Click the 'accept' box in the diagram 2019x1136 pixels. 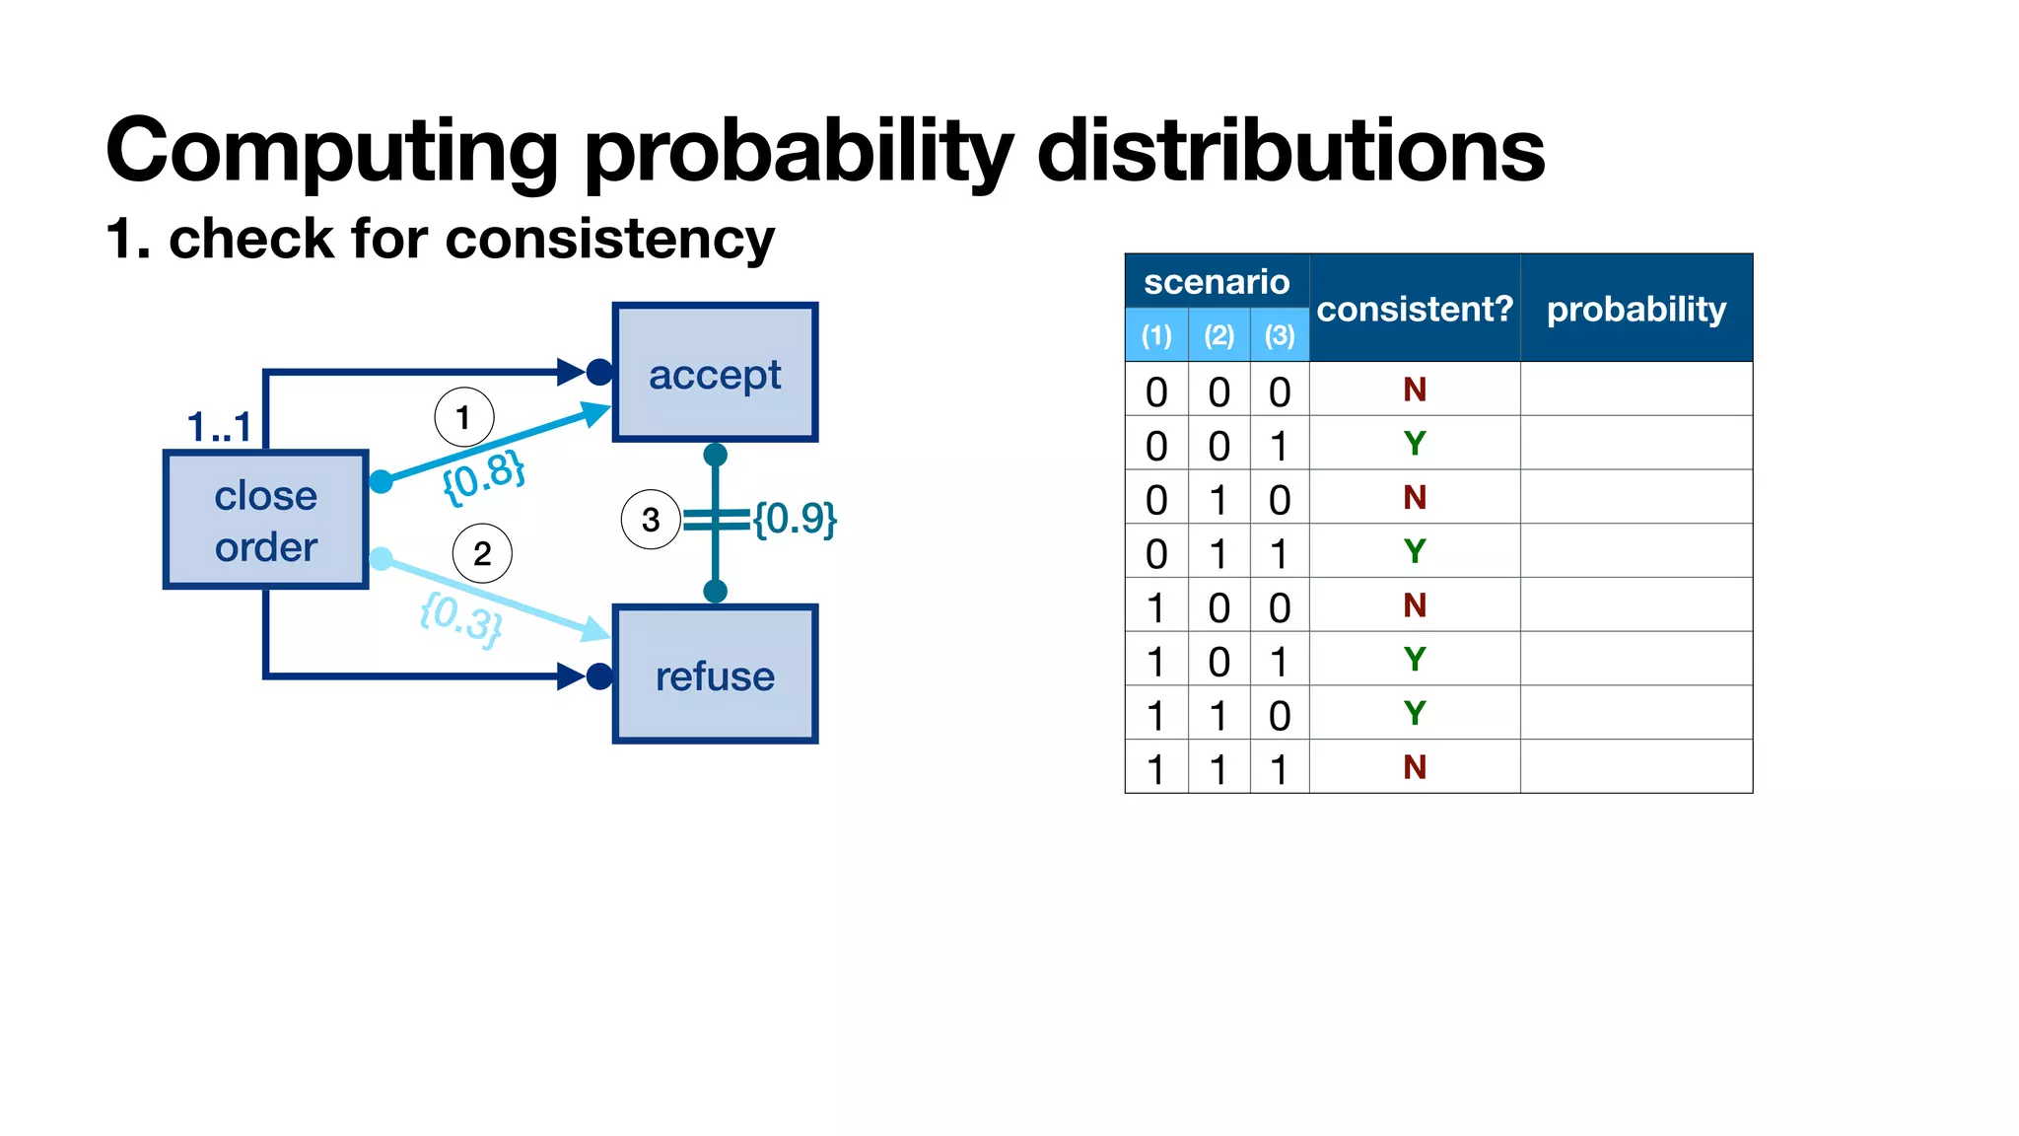(715, 374)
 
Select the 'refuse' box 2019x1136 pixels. (715, 675)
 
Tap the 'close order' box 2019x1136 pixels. (266, 521)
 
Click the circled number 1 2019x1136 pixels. (463, 417)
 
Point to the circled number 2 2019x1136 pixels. (482, 553)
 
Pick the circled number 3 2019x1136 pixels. (651, 519)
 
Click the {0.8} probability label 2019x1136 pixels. (483, 476)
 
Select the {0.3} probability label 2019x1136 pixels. (461, 618)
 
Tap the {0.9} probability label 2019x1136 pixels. (795, 518)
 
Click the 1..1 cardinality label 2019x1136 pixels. (219, 427)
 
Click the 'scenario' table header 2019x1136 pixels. (1217, 282)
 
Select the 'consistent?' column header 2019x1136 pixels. (1415, 309)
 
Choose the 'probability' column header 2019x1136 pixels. (1636, 309)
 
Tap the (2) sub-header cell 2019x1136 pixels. (1219, 335)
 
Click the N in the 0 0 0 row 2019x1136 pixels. (1415, 390)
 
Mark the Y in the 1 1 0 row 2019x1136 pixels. (1415, 713)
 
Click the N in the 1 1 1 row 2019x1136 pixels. (1415, 766)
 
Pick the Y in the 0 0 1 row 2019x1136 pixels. (1415, 444)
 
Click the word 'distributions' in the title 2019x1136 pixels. (1291, 150)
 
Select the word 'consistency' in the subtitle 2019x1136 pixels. (610, 240)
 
